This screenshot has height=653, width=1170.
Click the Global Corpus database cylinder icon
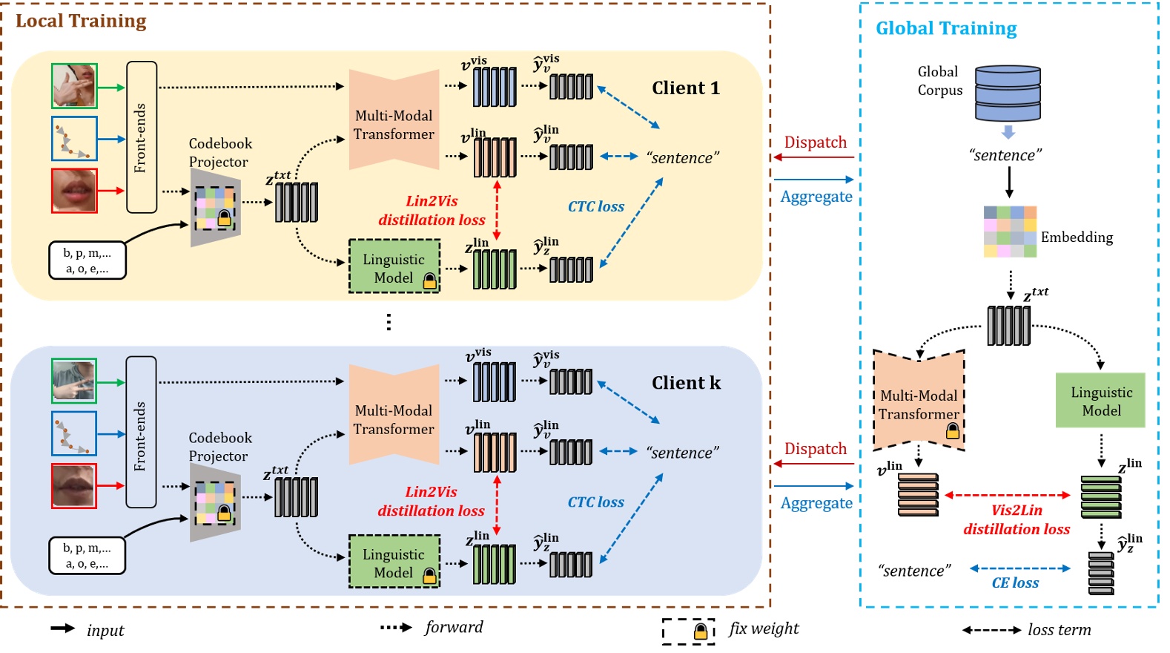(x=1008, y=93)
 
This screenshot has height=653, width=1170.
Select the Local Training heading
(x=81, y=21)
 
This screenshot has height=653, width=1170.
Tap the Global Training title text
(x=946, y=28)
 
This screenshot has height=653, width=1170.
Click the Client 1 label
(x=686, y=88)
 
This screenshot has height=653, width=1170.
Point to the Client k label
(x=686, y=383)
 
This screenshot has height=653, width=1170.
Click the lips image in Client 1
(x=74, y=191)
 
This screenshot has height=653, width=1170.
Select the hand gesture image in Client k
(x=74, y=381)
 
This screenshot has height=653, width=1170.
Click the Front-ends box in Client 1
(x=142, y=137)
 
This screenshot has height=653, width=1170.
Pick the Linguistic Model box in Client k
(x=394, y=562)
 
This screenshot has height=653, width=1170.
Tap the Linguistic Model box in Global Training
(x=1100, y=401)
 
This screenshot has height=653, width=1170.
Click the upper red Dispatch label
(x=816, y=142)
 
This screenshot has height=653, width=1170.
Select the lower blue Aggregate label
(x=816, y=503)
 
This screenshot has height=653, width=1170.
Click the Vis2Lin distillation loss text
(x=1017, y=519)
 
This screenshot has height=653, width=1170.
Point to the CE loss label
(x=1015, y=583)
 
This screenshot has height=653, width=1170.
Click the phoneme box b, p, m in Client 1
(x=87, y=260)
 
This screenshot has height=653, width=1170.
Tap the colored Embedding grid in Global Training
(x=1010, y=232)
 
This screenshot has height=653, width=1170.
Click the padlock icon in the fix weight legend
(x=700, y=631)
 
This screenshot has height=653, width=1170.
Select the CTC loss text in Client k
(x=596, y=502)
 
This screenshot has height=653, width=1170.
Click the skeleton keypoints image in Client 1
(x=74, y=139)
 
